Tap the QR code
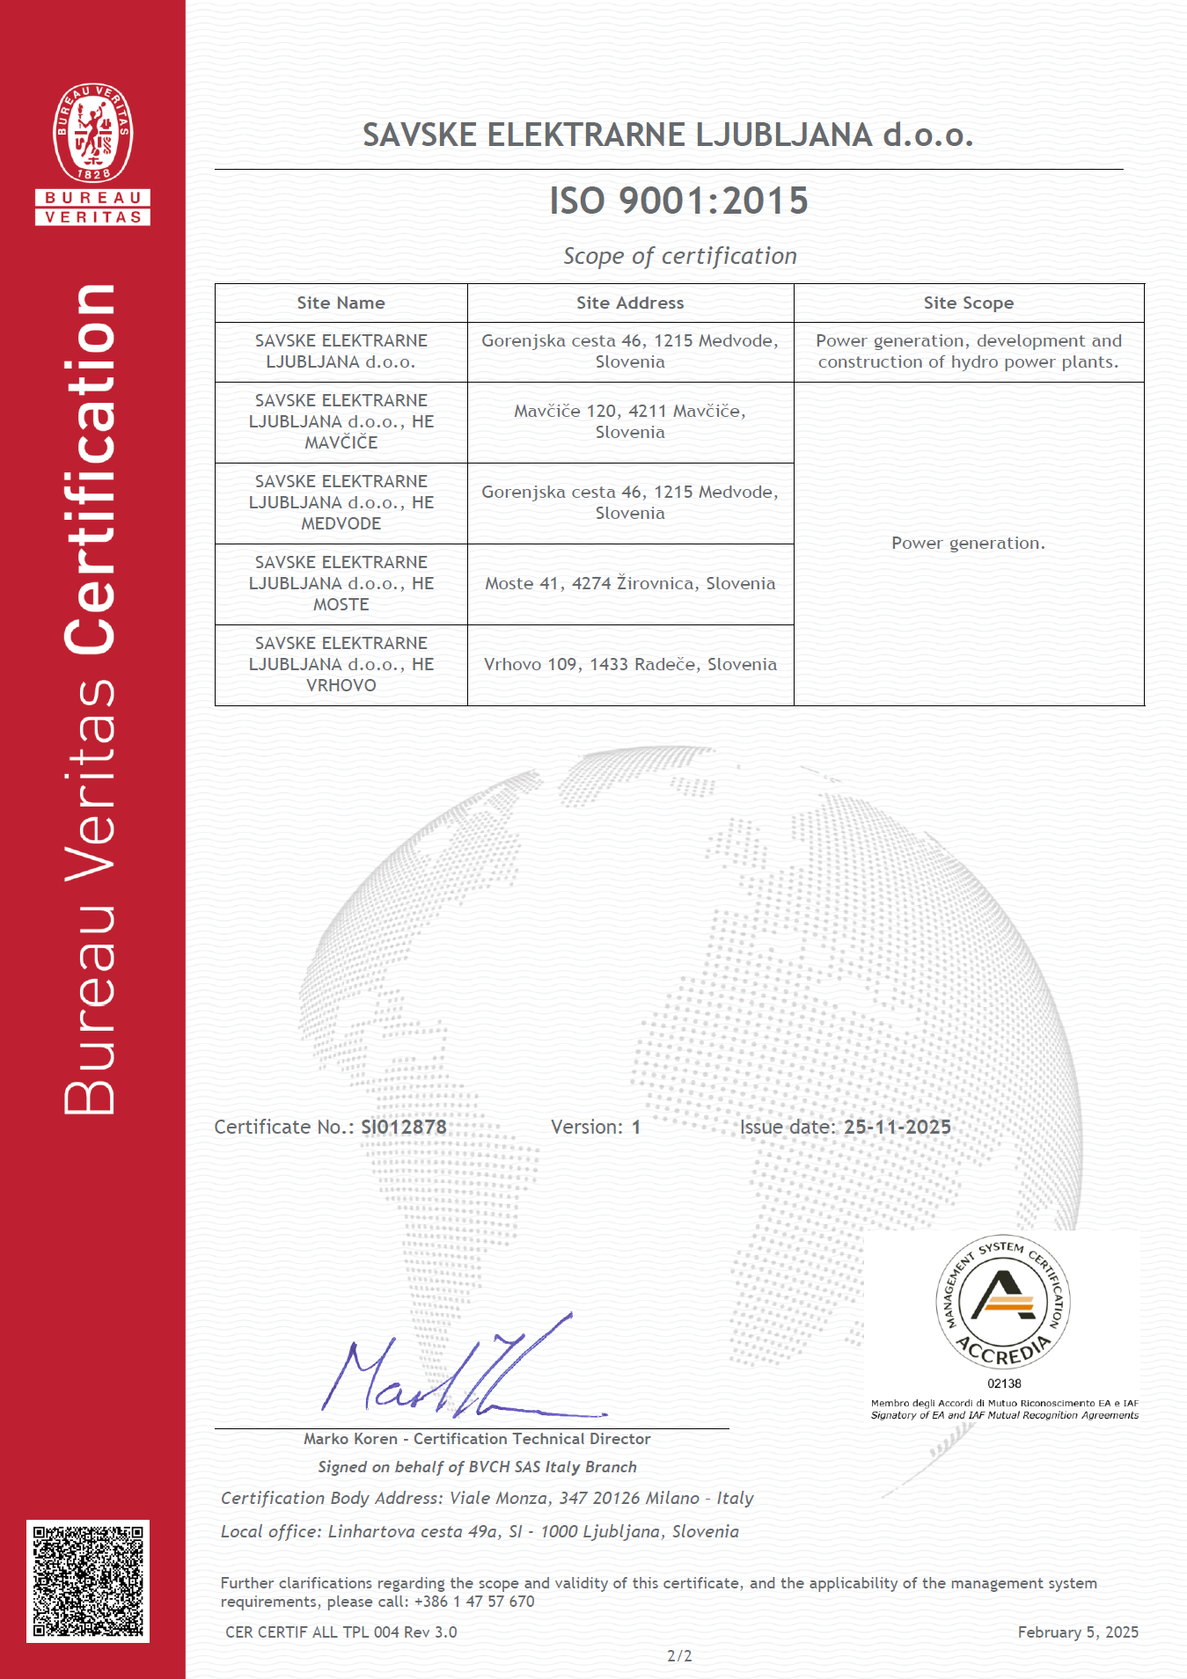pyautogui.click(x=88, y=1580)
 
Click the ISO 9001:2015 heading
pyautogui.click(x=678, y=201)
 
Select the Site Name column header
pyautogui.click(x=341, y=303)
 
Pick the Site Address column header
pyautogui.click(x=630, y=303)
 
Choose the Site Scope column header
pyautogui.click(x=968, y=303)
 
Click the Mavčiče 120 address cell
pyautogui.click(x=630, y=421)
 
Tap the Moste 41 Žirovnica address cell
pyautogui.click(x=630, y=584)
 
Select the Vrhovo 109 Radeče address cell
pyautogui.click(x=630, y=665)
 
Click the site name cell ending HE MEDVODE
pyautogui.click(x=341, y=503)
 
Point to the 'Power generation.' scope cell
pyautogui.click(x=968, y=544)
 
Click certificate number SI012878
pyautogui.click(x=404, y=1128)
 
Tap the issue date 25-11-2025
pyautogui.click(x=897, y=1128)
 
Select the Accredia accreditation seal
pyautogui.click(x=1002, y=1303)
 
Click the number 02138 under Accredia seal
pyautogui.click(x=1004, y=1383)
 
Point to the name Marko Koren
pyautogui.click(x=350, y=1439)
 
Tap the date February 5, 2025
pyautogui.click(x=1077, y=1632)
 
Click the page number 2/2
pyautogui.click(x=679, y=1656)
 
